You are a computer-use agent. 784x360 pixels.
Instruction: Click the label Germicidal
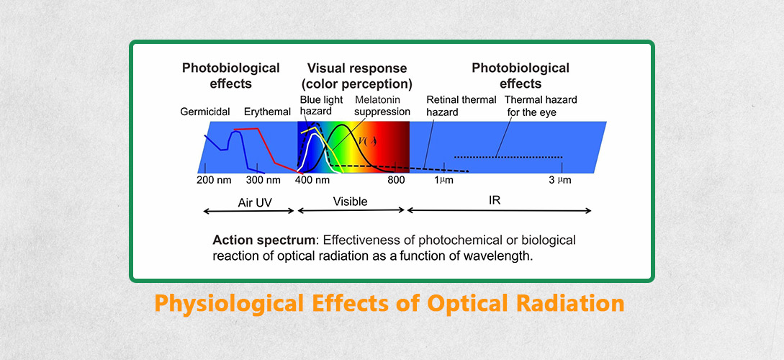tap(205, 112)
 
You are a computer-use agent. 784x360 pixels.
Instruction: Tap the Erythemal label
tap(267, 112)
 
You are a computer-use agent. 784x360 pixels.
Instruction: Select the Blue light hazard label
tap(322, 106)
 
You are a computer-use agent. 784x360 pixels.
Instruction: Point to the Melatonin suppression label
tap(382, 106)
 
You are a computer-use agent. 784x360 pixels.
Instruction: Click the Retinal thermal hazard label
tap(461, 106)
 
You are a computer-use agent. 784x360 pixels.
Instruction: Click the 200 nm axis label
tap(214, 180)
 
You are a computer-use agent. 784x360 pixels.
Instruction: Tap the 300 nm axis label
tap(263, 180)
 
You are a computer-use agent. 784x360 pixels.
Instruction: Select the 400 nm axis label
tap(312, 180)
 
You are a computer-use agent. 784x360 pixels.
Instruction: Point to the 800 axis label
tap(396, 180)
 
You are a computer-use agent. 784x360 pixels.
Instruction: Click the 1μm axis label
tap(443, 180)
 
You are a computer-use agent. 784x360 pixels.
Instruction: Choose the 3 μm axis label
tap(560, 180)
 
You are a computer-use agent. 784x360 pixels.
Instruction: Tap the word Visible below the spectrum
tap(350, 202)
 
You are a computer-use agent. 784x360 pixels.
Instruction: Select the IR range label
tap(495, 200)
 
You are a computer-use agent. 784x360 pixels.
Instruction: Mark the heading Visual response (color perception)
tap(357, 76)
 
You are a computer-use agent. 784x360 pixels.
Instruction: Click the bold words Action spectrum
tap(264, 240)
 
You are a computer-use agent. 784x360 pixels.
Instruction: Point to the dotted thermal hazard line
tap(508, 157)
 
